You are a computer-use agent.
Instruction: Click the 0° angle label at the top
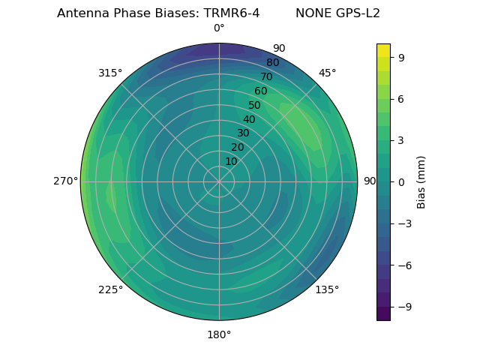click(x=219, y=28)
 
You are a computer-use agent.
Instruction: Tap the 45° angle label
click(x=328, y=73)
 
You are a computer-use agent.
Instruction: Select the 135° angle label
click(x=327, y=289)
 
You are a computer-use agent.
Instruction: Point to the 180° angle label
click(x=219, y=334)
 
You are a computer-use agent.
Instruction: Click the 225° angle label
click(x=110, y=290)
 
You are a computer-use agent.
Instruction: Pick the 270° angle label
click(x=65, y=181)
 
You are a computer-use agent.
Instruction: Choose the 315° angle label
click(x=110, y=73)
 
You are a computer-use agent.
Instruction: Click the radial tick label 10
click(x=231, y=161)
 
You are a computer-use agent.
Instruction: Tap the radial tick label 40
click(x=249, y=119)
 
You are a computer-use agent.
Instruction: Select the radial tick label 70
click(x=266, y=77)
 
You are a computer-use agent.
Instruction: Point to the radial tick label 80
click(x=272, y=63)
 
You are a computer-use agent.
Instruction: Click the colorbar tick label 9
click(x=400, y=56)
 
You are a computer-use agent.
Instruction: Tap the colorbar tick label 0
click(x=400, y=181)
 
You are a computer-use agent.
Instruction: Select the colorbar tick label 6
click(x=400, y=98)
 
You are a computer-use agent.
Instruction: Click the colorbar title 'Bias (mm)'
click(x=421, y=181)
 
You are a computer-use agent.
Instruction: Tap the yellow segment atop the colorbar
click(x=383, y=49)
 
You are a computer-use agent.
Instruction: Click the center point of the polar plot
click(x=219, y=181)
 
